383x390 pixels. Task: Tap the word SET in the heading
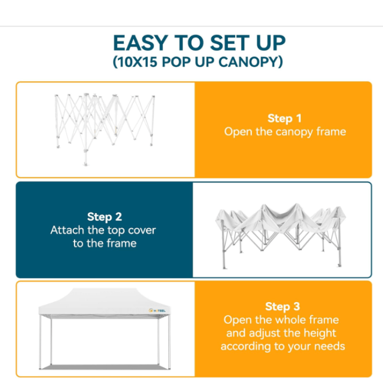[x=229, y=43]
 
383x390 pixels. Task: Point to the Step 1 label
[x=285, y=119]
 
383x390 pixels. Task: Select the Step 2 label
[x=105, y=217]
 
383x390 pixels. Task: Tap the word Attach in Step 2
[x=67, y=230]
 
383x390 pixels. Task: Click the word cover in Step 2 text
[x=142, y=230]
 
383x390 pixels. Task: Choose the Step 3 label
[x=283, y=306]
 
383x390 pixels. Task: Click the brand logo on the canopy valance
[x=157, y=310]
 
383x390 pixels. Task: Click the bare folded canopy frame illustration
[x=105, y=129]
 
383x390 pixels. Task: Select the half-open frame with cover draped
[x=280, y=236]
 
